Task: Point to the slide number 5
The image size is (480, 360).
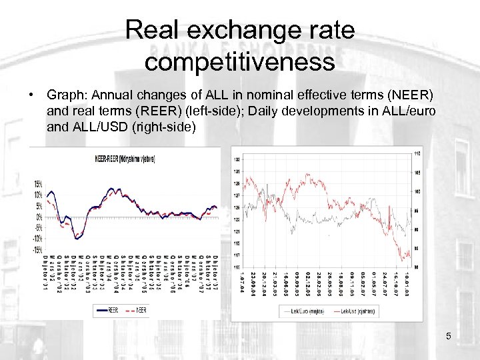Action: pos(449,336)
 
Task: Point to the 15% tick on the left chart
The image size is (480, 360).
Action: pos(39,184)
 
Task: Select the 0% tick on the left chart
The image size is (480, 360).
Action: pos(40,217)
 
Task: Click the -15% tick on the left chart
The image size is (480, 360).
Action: pos(38,250)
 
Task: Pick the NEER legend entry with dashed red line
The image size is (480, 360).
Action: pos(139,310)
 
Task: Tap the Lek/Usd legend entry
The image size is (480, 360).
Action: pos(357,311)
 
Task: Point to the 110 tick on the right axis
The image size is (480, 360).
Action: pos(418,153)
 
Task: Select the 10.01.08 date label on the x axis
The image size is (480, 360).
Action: pos(406,283)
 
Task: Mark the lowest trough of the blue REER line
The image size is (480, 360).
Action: pos(78,236)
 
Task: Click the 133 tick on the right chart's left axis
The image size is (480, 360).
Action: pos(237,159)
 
